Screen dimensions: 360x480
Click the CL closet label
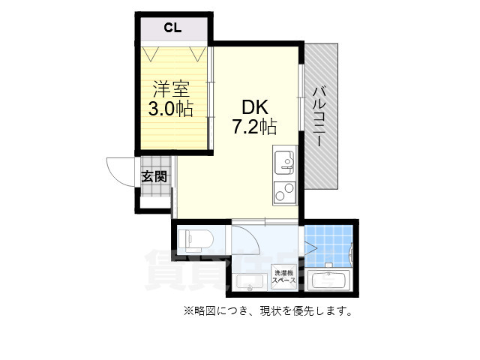(173, 28)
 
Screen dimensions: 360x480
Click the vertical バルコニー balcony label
(318, 115)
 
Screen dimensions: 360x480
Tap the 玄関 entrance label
(154, 178)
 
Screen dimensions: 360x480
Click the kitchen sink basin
(284, 161)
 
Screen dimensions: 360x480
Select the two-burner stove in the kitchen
(284, 192)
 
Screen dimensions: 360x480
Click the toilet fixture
(196, 240)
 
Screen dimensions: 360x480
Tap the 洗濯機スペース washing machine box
(285, 277)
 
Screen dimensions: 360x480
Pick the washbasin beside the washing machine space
(249, 283)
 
